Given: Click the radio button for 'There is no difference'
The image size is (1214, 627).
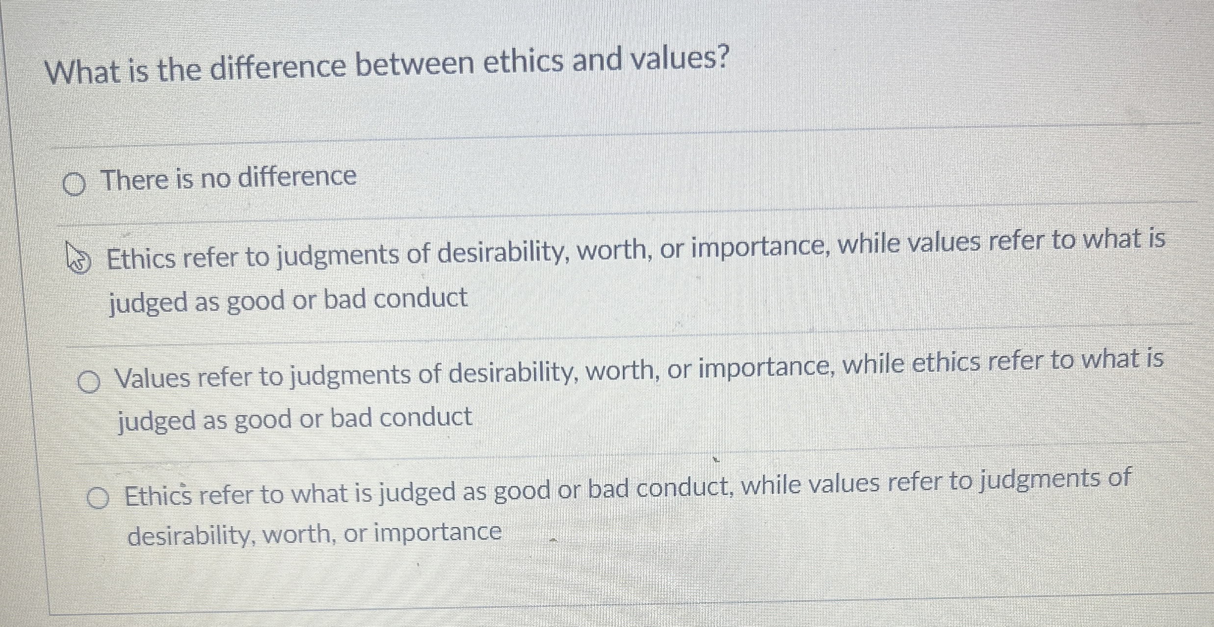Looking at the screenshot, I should click(x=75, y=184).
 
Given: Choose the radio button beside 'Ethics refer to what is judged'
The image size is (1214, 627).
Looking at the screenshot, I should click(x=98, y=498).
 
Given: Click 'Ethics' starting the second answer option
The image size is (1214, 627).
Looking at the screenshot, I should click(x=141, y=259).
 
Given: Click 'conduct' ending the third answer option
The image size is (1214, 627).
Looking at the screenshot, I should click(x=425, y=418).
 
